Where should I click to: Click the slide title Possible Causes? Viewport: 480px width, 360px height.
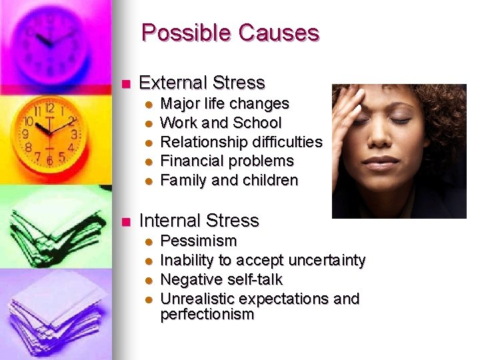pyautogui.click(x=230, y=33)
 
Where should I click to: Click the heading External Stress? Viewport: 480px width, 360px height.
pyautogui.click(x=201, y=83)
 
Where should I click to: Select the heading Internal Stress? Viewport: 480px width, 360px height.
pyautogui.click(x=199, y=220)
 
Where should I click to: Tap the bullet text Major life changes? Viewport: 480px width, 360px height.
pyautogui.click(x=225, y=104)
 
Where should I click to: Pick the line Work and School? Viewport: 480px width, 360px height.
pyautogui.click(x=221, y=123)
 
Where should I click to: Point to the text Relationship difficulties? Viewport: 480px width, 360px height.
pyautogui.click(x=241, y=142)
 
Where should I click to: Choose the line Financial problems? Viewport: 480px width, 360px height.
pyautogui.click(x=227, y=161)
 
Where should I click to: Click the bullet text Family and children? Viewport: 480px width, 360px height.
pyautogui.click(x=229, y=180)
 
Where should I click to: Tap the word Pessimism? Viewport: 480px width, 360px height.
pyautogui.click(x=199, y=241)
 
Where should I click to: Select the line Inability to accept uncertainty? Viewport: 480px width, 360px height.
pyautogui.click(x=263, y=260)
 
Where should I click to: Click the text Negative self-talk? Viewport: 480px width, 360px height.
pyautogui.click(x=221, y=279)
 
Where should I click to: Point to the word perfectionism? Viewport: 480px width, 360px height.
pyautogui.click(x=207, y=315)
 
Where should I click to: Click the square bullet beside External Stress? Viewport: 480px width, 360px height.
pyautogui.click(x=123, y=84)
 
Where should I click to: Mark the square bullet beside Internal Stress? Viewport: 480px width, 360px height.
pyautogui.click(x=123, y=221)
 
